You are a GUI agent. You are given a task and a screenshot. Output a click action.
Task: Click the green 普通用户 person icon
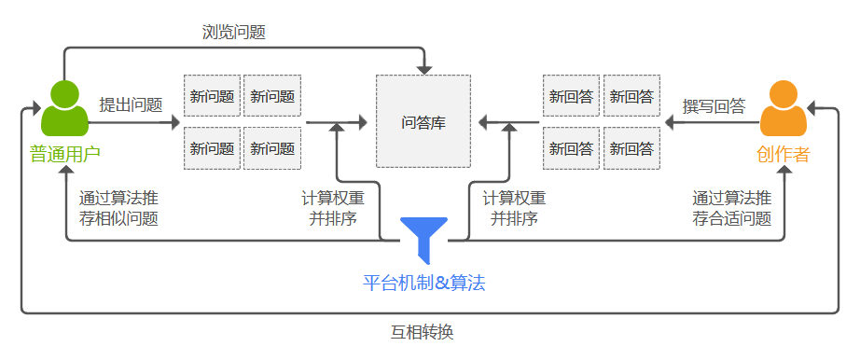[64, 108]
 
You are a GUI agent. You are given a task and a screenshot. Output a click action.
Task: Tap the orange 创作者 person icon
[783, 108]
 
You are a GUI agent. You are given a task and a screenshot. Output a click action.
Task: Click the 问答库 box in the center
[423, 122]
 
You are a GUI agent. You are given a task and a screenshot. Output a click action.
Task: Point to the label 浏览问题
[234, 33]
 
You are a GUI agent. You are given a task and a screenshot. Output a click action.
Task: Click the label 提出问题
[132, 104]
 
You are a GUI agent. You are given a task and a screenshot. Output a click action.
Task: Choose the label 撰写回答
[714, 105]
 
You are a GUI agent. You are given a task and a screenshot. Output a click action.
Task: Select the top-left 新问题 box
[213, 96]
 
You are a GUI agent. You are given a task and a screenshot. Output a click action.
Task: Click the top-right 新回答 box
[632, 96]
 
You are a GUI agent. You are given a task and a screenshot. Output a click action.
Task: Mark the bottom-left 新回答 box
[571, 148]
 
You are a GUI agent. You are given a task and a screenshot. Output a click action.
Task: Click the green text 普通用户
[64, 154]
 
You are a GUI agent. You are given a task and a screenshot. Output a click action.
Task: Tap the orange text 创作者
[783, 154]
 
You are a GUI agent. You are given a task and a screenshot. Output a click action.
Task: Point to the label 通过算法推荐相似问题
[118, 208]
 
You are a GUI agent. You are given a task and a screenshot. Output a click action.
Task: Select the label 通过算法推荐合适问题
[732, 208]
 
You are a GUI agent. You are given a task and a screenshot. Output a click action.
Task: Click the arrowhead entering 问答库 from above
[424, 70]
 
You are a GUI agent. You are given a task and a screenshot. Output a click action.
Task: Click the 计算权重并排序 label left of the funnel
[333, 208]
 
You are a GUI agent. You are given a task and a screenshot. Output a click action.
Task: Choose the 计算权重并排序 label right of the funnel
[514, 208]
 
